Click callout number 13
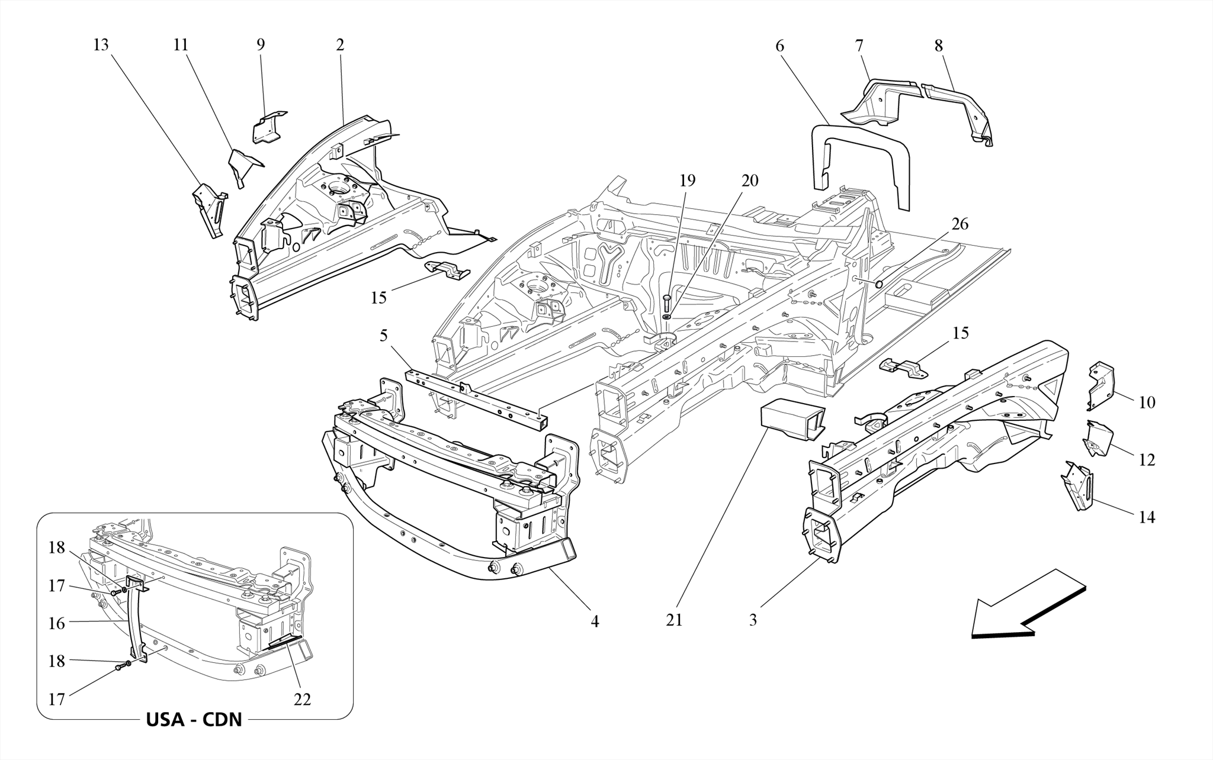pyautogui.click(x=101, y=46)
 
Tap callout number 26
pyautogui.click(x=960, y=224)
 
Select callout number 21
pyautogui.click(x=674, y=620)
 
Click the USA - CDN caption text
pyautogui.click(x=194, y=720)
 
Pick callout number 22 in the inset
pyautogui.click(x=302, y=700)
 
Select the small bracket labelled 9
pyautogui.click(x=268, y=127)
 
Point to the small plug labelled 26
pyautogui.click(x=879, y=285)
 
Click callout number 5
pyautogui.click(x=384, y=336)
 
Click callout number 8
pyautogui.click(x=938, y=46)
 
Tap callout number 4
pyautogui.click(x=595, y=621)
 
